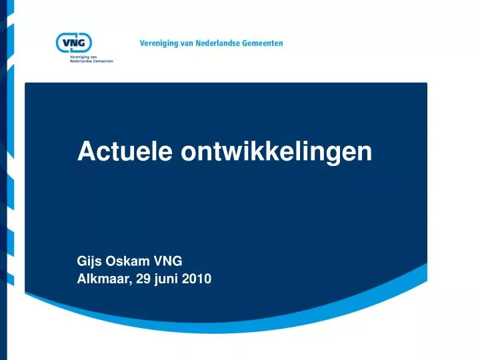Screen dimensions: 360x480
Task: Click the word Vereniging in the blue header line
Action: [161, 43]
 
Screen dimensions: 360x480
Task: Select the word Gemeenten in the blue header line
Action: [264, 43]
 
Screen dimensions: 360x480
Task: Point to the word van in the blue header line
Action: [190, 43]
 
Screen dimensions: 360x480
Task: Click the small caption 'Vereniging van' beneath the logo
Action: [84, 57]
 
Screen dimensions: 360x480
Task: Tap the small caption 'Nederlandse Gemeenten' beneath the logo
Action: [91, 61]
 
